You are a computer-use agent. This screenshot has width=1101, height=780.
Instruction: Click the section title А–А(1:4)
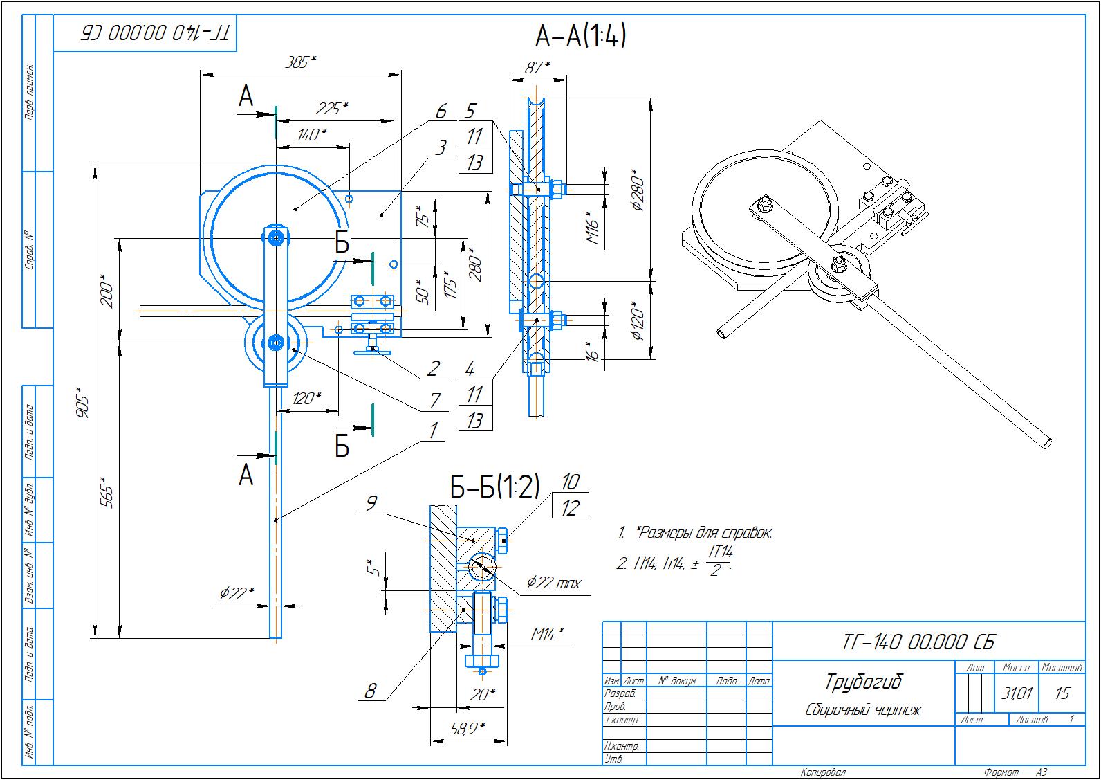point(580,36)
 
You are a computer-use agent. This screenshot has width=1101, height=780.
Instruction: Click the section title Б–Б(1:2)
point(494,487)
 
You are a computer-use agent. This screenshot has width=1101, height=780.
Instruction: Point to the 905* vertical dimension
point(83,402)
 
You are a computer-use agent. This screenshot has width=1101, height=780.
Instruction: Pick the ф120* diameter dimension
point(637,320)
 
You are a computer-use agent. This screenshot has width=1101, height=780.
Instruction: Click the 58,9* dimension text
point(468,728)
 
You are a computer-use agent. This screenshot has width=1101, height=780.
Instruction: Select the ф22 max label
point(553,583)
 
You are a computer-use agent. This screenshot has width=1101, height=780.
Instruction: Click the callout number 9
point(371,502)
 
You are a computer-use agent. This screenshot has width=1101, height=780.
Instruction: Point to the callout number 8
point(371,691)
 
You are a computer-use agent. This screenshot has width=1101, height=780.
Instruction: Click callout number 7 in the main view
point(434,400)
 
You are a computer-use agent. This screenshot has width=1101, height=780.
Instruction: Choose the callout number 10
point(570,482)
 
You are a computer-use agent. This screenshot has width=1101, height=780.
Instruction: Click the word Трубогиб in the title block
point(864,682)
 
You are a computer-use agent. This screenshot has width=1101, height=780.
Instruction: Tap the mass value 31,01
point(1017,693)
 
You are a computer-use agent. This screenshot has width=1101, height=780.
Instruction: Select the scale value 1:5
point(1062,693)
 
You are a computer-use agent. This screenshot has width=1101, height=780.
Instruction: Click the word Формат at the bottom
point(1000,772)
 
